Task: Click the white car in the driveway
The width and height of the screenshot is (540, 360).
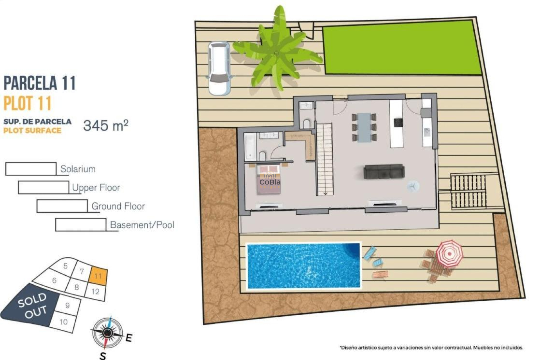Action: click(219, 68)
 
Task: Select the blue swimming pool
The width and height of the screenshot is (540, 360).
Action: click(303, 266)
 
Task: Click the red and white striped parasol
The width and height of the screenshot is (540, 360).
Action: click(449, 253)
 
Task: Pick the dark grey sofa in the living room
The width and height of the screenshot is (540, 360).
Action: click(384, 172)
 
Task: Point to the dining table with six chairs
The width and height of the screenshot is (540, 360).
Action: click(364, 127)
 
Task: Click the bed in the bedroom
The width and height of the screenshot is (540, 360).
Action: click(269, 180)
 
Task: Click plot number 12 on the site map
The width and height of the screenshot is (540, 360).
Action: click(96, 292)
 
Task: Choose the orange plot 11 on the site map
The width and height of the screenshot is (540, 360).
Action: click(98, 276)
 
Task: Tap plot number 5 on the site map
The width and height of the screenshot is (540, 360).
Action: click(66, 266)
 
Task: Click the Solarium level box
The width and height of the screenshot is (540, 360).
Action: click(31, 169)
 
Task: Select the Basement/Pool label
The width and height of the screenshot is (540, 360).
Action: click(142, 225)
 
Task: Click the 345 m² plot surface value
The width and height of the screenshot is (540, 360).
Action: click(106, 125)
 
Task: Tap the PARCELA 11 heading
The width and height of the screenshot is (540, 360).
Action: click(40, 83)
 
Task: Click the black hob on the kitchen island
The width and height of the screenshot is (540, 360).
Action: click(398, 122)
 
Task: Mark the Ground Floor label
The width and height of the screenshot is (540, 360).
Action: click(118, 206)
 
